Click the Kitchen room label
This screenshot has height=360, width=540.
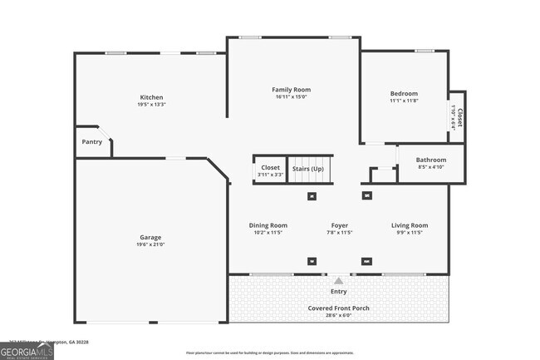[x=150, y=97]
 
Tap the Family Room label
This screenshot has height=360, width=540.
[x=291, y=89]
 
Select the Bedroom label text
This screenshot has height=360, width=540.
[x=404, y=93]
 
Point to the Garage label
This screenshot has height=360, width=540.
[x=150, y=237]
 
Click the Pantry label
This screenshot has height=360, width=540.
[x=91, y=141]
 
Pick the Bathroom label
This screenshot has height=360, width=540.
[x=431, y=160]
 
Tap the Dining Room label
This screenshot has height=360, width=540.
[x=268, y=225]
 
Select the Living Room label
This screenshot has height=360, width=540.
[x=410, y=225]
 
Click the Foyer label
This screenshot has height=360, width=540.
[x=339, y=225]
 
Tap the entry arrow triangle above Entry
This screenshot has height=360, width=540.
[x=338, y=281]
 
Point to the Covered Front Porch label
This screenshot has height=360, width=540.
[x=339, y=308]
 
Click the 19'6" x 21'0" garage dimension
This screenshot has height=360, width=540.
[x=150, y=244]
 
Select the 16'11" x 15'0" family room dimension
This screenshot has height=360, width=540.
[x=291, y=96]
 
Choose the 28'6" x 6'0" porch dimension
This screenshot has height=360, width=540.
[x=339, y=315]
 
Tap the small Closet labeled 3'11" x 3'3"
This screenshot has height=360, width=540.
[x=270, y=170]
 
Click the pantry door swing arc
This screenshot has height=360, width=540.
[x=101, y=133]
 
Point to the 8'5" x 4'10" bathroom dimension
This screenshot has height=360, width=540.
[x=431, y=167]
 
